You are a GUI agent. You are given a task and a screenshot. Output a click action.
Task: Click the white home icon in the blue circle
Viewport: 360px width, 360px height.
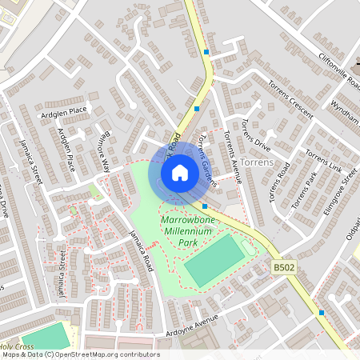point(180,171)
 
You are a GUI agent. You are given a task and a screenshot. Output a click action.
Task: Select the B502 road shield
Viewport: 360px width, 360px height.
point(283,266)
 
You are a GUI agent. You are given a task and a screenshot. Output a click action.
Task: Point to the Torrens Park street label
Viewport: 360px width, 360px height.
point(305,190)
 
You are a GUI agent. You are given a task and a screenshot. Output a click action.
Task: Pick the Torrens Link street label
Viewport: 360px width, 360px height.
point(323,164)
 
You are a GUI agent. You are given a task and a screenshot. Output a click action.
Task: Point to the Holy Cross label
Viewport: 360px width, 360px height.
point(16,346)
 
